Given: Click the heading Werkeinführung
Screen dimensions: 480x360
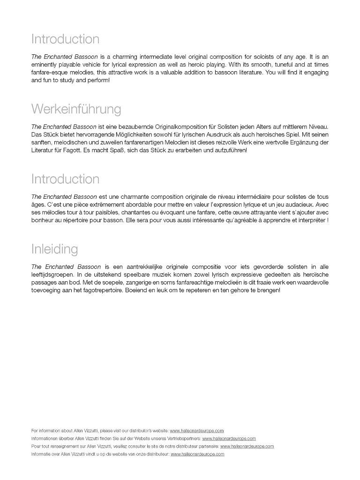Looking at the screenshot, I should point(76,109).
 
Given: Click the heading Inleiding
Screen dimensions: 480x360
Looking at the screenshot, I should point(54,248).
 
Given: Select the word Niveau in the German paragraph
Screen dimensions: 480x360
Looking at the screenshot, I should point(316,127).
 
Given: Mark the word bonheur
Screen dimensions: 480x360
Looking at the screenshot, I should point(44,220).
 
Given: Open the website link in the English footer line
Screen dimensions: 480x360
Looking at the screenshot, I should point(197,430).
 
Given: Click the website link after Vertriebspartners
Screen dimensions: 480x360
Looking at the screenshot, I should point(229,438).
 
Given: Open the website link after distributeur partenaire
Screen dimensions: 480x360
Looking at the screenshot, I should point(247,446).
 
